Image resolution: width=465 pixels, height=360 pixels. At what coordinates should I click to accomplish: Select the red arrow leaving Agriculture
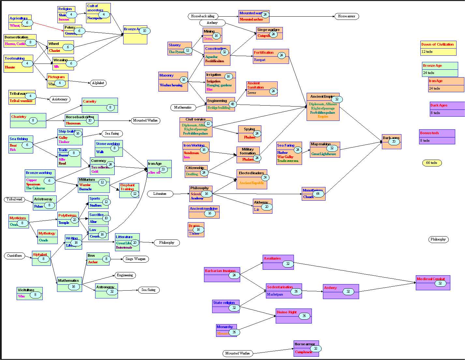pos(49,27)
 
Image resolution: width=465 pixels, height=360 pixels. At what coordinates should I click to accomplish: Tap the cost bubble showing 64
pos(318,194)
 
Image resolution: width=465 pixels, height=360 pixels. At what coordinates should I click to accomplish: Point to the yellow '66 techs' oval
pos(432,163)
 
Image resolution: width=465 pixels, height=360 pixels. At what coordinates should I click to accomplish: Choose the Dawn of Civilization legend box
pos(438,48)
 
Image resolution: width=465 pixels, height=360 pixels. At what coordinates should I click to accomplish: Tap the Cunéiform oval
pos(15,256)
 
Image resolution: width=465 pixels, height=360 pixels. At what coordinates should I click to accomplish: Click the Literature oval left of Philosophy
pos(160,194)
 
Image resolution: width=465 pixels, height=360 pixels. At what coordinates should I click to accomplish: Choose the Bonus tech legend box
pos(437,137)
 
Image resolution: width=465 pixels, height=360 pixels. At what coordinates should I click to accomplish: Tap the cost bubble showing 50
pos(394,142)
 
